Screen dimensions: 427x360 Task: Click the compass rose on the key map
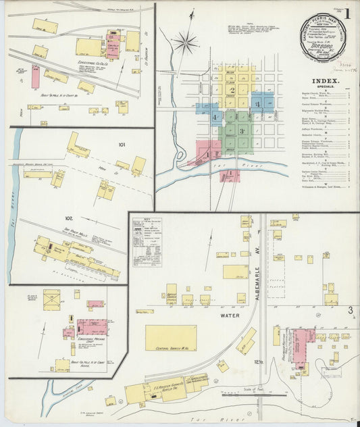coord(184,44)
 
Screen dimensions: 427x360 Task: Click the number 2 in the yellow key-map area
coord(232,89)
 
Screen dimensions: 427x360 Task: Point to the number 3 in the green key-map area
coord(240,130)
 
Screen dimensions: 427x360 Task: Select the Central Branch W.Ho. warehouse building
coord(171,338)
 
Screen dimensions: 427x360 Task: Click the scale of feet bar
coord(247,391)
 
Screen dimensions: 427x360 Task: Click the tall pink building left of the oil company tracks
coord(35,76)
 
